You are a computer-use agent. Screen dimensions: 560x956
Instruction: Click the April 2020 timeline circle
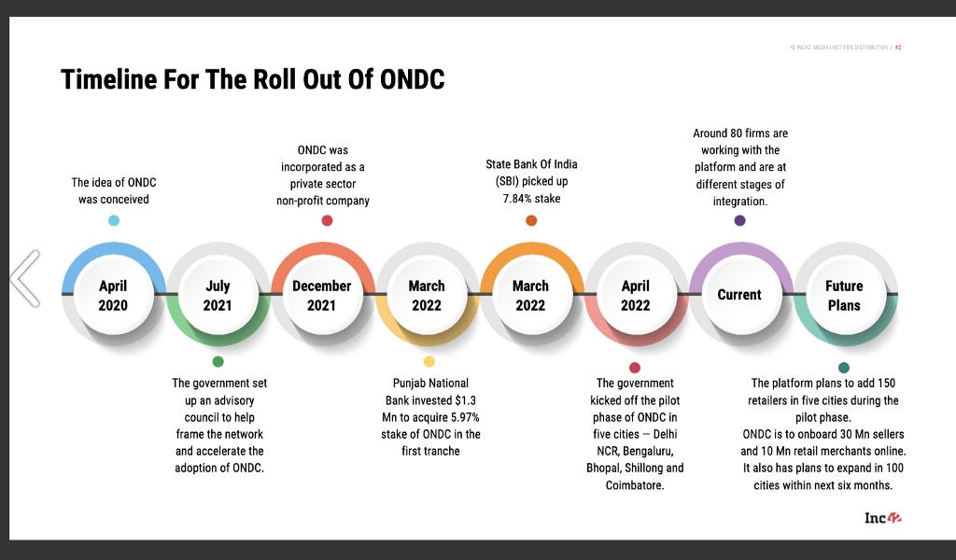[x=113, y=295]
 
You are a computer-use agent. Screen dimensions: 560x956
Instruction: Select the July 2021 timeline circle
[x=218, y=295]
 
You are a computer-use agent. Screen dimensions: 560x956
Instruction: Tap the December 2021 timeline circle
[x=322, y=295]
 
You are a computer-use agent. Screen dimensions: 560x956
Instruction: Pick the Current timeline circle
[x=739, y=295]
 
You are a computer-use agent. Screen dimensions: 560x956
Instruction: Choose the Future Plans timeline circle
[x=844, y=295]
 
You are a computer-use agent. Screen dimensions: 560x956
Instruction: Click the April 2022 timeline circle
[x=636, y=295]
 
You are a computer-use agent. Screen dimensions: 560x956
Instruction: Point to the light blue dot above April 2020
[x=114, y=220]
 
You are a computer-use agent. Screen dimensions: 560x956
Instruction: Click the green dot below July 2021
[x=218, y=361]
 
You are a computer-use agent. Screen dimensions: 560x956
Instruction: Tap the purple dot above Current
[x=739, y=220]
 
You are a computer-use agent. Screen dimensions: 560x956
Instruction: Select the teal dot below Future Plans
[x=844, y=368]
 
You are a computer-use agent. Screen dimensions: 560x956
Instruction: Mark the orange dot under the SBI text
[x=531, y=220]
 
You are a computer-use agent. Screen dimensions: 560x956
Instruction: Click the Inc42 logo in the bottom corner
[x=882, y=518]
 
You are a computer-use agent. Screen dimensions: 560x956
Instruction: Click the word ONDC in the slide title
[x=412, y=79]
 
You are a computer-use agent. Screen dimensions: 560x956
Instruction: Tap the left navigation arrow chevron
[x=25, y=277]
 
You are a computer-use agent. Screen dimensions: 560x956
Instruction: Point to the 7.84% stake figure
[x=531, y=198]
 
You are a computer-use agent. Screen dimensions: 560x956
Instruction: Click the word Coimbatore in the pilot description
[x=635, y=485]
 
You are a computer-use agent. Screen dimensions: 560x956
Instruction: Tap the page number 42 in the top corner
[x=898, y=47]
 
